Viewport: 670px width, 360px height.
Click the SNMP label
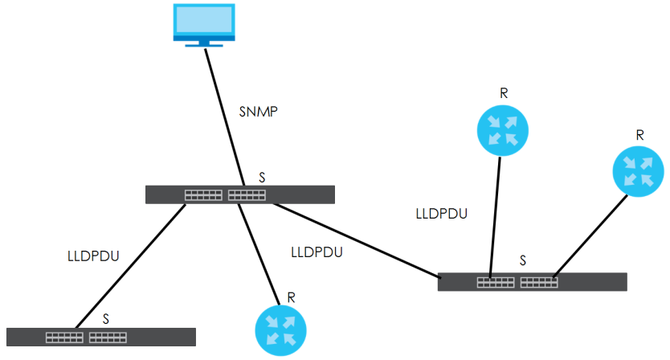(259, 112)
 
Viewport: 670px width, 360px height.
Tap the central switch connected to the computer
(239, 194)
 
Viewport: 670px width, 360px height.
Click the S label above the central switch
(263, 176)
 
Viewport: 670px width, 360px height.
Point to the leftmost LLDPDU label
(93, 257)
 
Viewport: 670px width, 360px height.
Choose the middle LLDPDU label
(317, 252)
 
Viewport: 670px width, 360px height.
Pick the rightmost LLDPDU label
(442, 215)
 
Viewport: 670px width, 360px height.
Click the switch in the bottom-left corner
(100, 337)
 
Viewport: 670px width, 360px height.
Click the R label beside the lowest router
(291, 297)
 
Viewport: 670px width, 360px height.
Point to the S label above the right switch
(523, 261)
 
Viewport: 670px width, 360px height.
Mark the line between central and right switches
(357, 240)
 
